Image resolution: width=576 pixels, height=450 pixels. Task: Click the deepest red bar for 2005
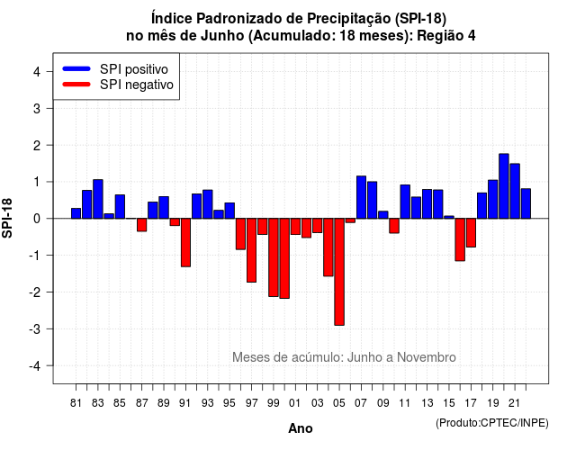pyautogui.click(x=339, y=272)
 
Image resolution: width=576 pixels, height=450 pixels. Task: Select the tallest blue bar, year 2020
pyautogui.click(x=504, y=186)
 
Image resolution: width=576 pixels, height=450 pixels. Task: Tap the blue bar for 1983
pyautogui.click(x=98, y=199)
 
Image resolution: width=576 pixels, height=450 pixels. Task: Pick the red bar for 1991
pyautogui.click(x=185, y=242)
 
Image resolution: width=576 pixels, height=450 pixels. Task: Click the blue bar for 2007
pyautogui.click(x=361, y=197)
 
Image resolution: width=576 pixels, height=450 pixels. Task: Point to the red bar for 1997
pyautogui.click(x=252, y=250)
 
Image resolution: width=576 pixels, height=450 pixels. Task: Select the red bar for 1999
pyautogui.click(x=274, y=257)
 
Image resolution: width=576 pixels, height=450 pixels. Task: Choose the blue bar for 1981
pyautogui.click(x=76, y=213)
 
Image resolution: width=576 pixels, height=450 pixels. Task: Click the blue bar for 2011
pyautogui.click(x=405, y=202)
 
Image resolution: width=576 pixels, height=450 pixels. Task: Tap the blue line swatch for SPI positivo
pyautogui.click(x=76, y=68)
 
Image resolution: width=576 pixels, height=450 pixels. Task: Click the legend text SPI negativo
pyautogui.click(x=137, y=85)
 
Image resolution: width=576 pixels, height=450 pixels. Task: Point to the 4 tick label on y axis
pyautogui.click(x=37, y=72)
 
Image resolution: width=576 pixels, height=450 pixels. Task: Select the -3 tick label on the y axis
pyautogui.click(x=35, y=328)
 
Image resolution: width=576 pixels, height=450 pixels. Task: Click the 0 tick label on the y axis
pyautogui.click(x=37, y=219)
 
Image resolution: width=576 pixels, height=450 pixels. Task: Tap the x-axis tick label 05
pyautogui.click(x=339, y=403)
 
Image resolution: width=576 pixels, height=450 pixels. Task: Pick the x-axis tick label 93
pyautogui.click(x=208, y=403)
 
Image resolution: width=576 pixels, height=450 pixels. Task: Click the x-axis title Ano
pyautogui.click(x=301, y=428)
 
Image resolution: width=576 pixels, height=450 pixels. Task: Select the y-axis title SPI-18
pyautogui.click(x=7, y=218)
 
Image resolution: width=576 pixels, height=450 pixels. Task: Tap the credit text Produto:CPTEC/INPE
pyautogui.click(x=492, y=423)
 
